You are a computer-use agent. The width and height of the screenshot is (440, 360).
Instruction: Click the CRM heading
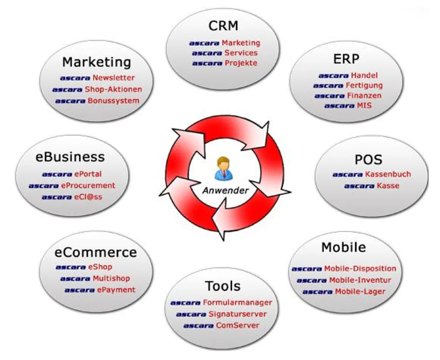click(223, 26)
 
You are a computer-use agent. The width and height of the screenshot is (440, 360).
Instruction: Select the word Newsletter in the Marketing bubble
click(114, 78)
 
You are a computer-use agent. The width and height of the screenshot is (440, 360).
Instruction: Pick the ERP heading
click(346, 59)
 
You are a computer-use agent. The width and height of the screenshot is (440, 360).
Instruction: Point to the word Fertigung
click(364, 85)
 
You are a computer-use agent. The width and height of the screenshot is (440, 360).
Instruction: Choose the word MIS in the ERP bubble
click(364, 106)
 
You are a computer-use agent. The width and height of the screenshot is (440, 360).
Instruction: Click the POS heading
click(368, 160)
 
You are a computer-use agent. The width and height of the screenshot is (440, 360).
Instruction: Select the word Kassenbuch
click(388, 174)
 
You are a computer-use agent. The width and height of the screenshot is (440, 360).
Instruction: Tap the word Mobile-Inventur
click(360, 280)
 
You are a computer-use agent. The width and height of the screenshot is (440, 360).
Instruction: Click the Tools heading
click(223, 286)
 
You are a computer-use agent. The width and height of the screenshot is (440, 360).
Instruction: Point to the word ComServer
click(237, 326)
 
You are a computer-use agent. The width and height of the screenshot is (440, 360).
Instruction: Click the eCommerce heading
click(96, 253)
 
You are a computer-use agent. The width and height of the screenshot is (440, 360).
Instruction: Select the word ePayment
click(116, 290)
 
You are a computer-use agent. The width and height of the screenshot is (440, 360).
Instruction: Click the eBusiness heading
click(70, 157)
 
